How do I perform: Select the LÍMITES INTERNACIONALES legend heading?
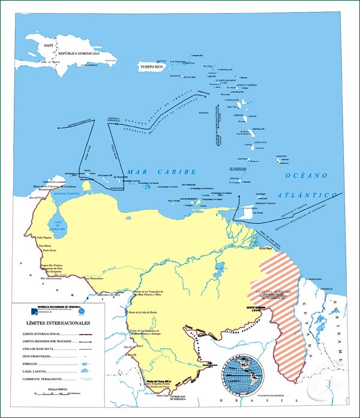55,323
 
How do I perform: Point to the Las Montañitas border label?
97,278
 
